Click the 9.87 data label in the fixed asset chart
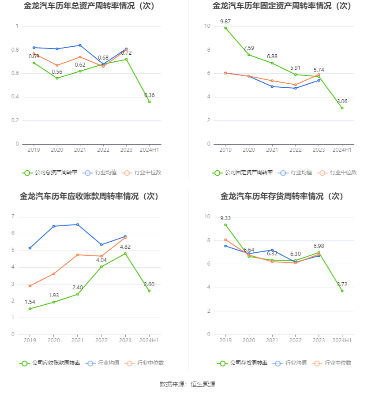225,21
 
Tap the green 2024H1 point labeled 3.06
342,108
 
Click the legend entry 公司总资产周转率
50,172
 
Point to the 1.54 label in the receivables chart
30,302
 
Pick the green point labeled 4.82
125,254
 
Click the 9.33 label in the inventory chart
225,218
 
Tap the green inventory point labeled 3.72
342,291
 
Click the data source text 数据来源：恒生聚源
187,384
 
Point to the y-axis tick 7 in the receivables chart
13,217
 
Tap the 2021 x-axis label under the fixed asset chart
272,150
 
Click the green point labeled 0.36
150,101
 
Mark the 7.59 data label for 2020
249,48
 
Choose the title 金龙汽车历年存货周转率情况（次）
282,196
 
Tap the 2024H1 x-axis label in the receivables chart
149,341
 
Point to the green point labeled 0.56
57,78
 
